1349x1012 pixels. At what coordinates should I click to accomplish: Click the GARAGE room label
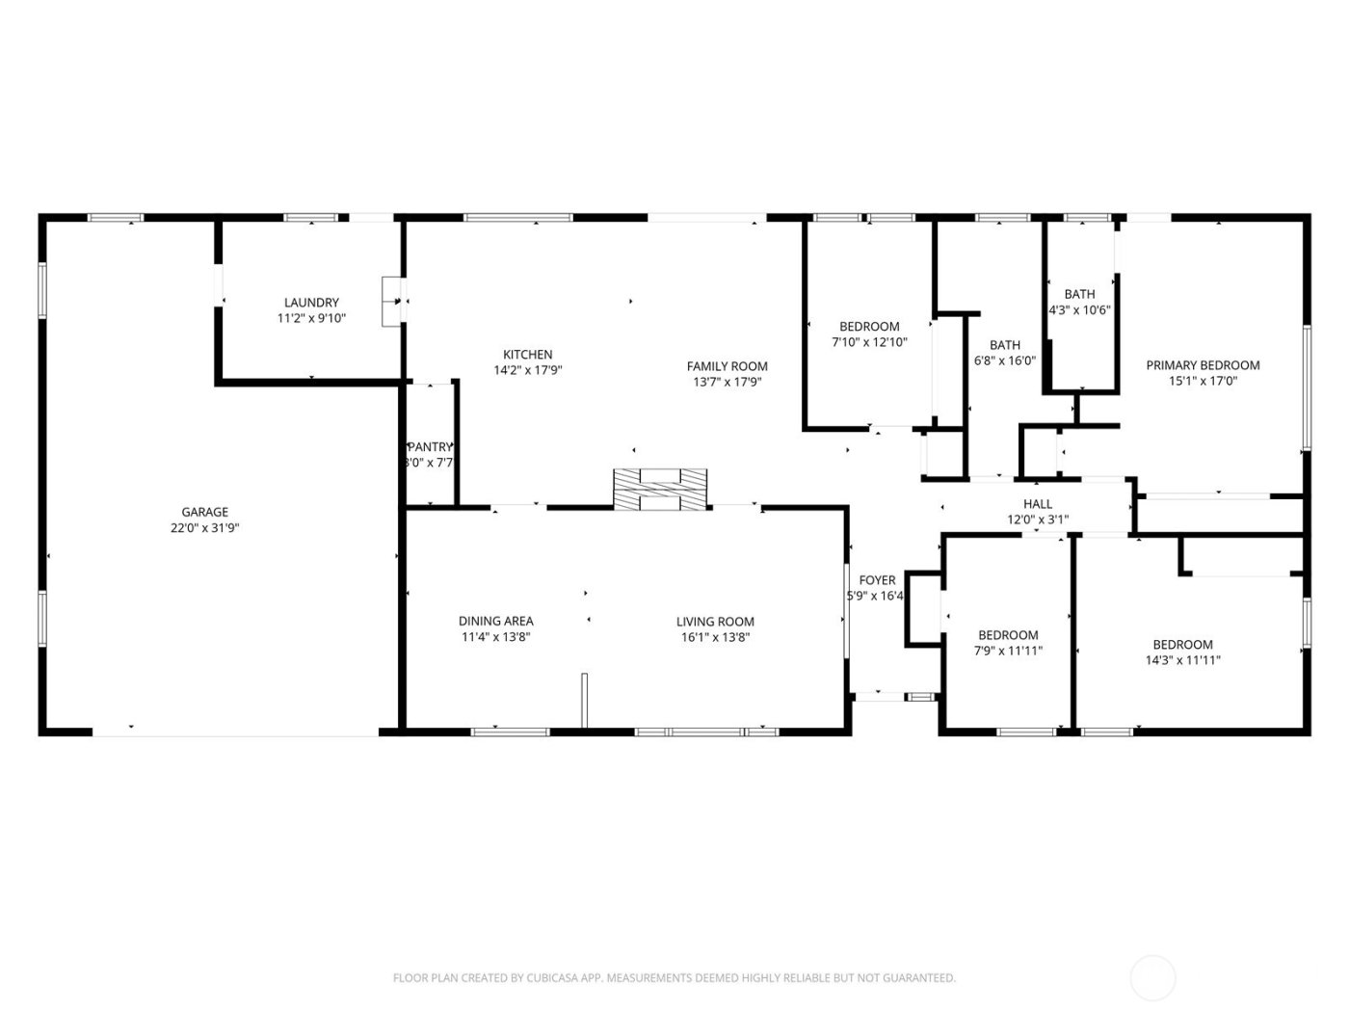(205, 512)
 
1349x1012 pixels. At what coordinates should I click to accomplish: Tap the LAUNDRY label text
(311, 303)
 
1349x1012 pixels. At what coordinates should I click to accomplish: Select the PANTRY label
(430, 447)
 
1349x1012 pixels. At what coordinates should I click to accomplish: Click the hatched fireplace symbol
(660, 488)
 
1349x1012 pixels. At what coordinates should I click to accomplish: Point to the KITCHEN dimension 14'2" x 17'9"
(528, 370)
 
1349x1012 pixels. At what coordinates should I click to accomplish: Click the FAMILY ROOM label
(727, 366)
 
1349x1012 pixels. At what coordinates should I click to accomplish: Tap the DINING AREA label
(495, 622)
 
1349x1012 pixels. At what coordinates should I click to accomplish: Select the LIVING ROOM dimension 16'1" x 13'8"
(714, 637)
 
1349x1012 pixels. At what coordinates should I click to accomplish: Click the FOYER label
(877, 580)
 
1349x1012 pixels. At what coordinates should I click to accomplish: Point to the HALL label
(1037, 504)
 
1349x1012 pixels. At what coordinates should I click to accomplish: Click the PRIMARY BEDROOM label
(1203, 365)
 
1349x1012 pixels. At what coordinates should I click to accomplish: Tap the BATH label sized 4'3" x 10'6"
(1079, 295)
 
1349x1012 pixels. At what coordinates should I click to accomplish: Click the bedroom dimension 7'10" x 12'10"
(869, 342)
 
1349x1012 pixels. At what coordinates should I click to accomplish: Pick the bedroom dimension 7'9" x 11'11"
(1008, 651)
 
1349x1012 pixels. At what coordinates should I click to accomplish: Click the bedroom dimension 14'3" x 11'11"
(1182, 660)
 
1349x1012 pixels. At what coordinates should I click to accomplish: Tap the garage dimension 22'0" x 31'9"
(205, 528)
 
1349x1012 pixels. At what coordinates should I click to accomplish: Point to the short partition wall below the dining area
(584, 700)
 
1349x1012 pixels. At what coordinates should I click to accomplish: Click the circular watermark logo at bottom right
(1152, 977)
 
